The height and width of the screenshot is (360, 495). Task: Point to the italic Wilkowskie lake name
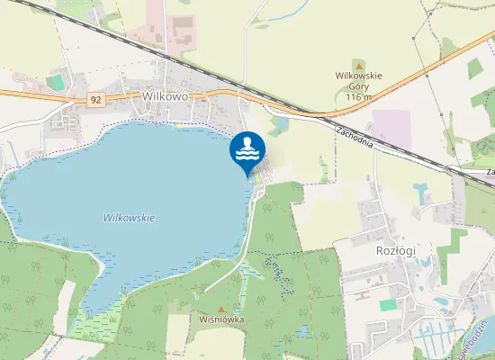[130, 218]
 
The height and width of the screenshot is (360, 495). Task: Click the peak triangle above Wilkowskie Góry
[358, 66]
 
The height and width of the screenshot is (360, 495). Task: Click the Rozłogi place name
[394, 251]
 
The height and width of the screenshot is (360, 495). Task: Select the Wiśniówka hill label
[221, 319]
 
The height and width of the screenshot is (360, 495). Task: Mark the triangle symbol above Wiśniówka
[222, 309]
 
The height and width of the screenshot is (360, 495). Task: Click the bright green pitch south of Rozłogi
[389, 305]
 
